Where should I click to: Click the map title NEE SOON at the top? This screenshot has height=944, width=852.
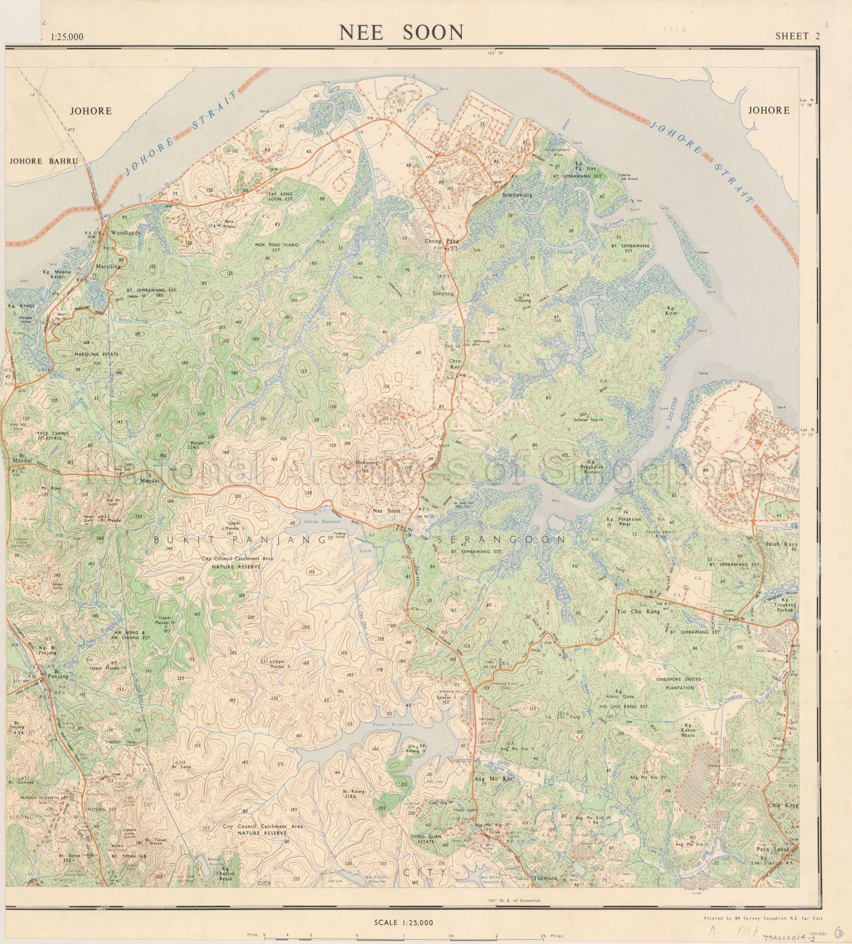[x=402, y=33]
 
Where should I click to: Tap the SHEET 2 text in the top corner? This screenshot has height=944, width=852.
[x=797, y=36]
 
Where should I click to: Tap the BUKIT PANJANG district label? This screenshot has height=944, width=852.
[x=240, y=540]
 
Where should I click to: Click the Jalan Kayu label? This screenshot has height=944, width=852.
[x=780, y=544]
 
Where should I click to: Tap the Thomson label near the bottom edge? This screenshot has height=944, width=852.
[x=545, y=878]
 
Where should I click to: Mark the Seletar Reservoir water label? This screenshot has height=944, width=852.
[x=309, y=521]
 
